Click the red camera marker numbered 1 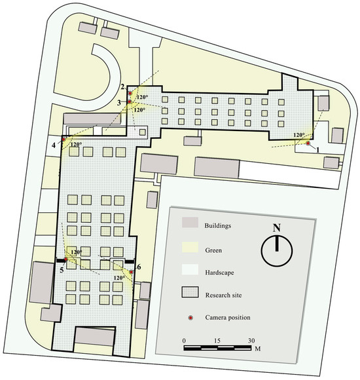(308, 142)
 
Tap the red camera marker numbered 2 (130, 94)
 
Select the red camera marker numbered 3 (130, 102)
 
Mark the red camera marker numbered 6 (131, 271)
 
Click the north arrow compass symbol (277, 248)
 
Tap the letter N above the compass (277, 229)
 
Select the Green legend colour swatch (190, 248)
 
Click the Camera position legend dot (190, 318)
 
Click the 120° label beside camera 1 (298, 136)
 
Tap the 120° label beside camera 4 (76, 145)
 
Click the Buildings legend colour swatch (190, 225)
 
